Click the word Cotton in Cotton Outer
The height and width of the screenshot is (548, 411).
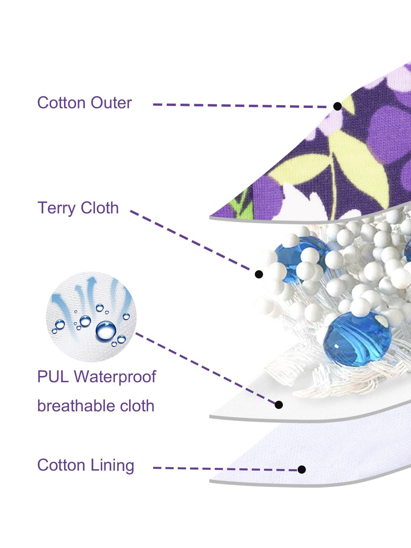coord(61,103)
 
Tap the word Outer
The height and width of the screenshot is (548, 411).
coord(111,103)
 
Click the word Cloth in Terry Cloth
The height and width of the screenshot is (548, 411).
coord(100,208)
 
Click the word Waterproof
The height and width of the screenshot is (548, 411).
coord(115,377)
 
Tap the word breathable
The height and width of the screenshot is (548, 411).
coord(76,406)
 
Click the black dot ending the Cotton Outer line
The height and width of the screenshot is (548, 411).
coord(337,107)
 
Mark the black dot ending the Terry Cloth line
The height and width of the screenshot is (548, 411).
coord(259,274)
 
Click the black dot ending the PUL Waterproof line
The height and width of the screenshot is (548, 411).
coord(279,405)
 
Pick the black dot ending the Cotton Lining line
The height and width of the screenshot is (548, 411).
coord(302,469)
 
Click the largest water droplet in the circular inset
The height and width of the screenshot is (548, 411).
coord(106,331)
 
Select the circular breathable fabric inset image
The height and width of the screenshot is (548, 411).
coord(91,317)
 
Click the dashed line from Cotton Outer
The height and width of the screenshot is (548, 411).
coord(240,105)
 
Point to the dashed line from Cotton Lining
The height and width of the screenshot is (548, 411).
coord(225,469)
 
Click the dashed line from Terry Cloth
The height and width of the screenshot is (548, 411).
coord(190,240)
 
